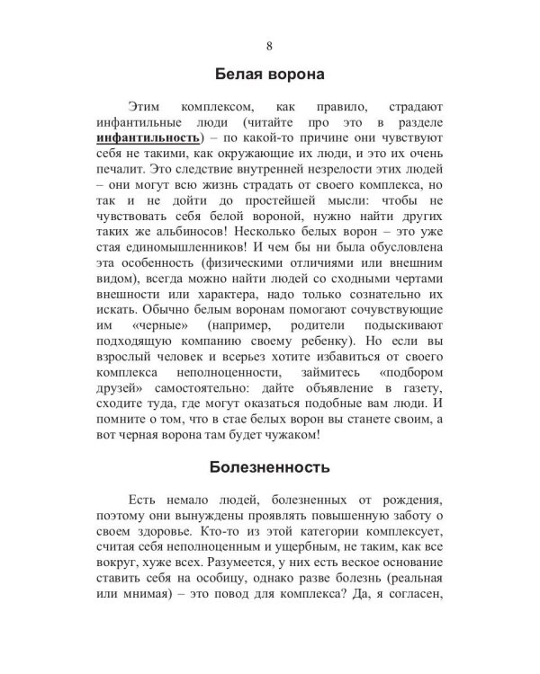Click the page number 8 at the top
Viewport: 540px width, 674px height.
pyautogui.click(x=270, y=46)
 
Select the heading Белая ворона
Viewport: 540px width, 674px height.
pyautogui.click(x=270, y=74)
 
